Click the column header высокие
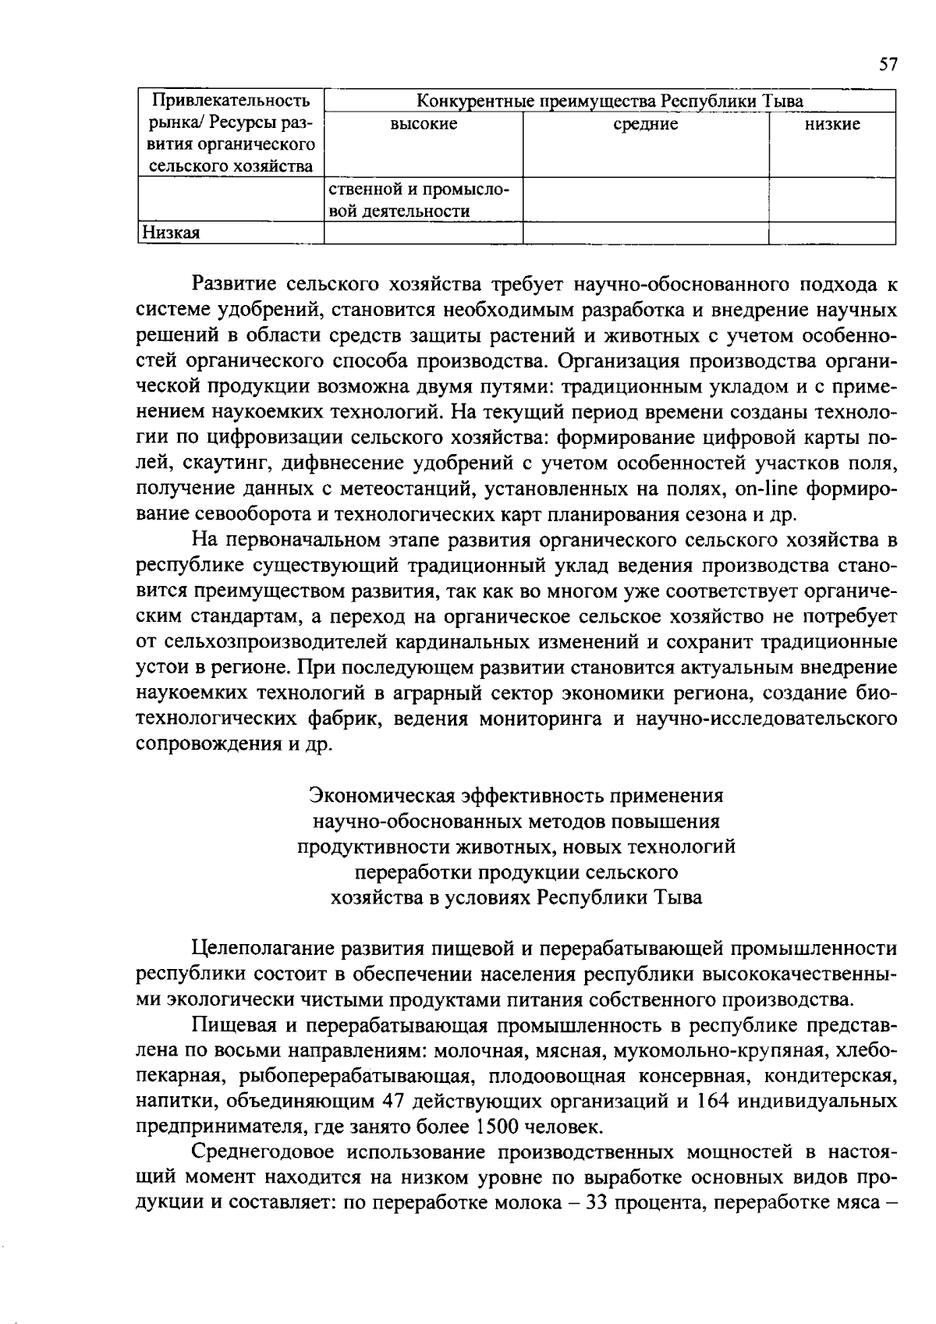pyautogui.click(x=424, y=123)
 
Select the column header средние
pyautogui.click(x=646, y=123)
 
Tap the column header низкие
pyautogui.click(x=832, y=123)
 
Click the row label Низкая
pyautogui.click(x=169, y=232)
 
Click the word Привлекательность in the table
pyautogui.click(x=231, y=101)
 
